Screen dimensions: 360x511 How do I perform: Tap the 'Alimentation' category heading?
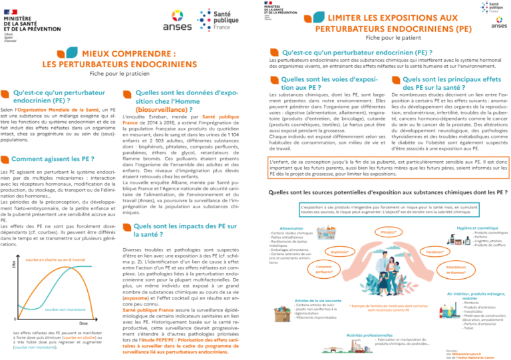click(293, 228)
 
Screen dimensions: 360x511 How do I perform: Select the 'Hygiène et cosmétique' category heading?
click(475, 228)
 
